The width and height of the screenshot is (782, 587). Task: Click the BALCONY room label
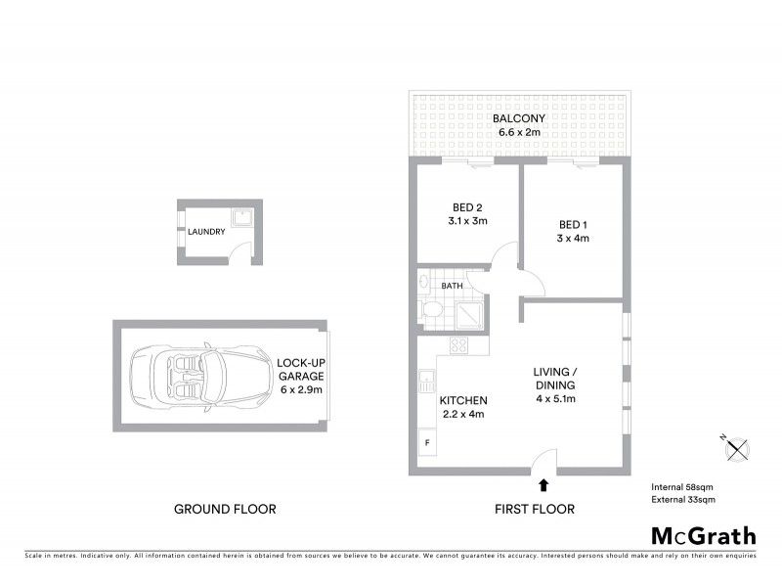pyautogui.click(x=519, y=118)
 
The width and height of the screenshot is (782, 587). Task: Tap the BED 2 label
pyautogui.click(x=468, y=207)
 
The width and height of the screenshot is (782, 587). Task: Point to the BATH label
pyautogui.click(x=452, y=286)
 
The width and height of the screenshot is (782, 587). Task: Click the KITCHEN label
pyautogui.click(x=463, y=401)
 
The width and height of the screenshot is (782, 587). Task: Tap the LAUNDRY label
pyautogui.click(x=207, y=232)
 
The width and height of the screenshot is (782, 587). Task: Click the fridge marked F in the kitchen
pyautogui.click(x=427, y=442)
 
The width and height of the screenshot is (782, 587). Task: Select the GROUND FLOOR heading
pyautogui.click(x=225, y=509)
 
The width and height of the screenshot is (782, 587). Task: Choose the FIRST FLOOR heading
pyautogui.click(x=535, y=509)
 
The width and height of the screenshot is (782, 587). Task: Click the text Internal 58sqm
pyautogui.click(x=683, y=486)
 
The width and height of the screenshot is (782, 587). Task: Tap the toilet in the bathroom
pyautogui.click(x=434, y=311)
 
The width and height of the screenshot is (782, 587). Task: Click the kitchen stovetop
pyautogui.click(x=458, y=343)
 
